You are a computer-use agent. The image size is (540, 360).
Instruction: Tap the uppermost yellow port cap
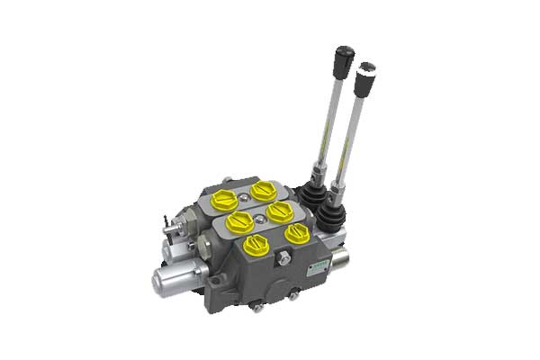coord(264,190)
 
